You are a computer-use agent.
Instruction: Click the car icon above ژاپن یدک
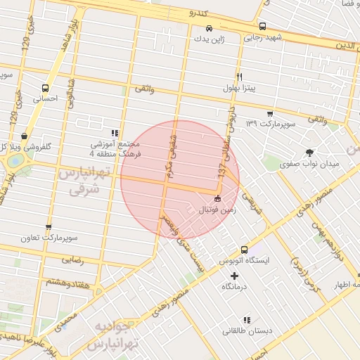point(209,28)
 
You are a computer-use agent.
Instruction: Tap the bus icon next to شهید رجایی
point(262,27)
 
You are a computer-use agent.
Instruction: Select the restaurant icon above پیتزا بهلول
point(239,77)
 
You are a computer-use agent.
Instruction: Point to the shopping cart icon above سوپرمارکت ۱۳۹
point(270,113)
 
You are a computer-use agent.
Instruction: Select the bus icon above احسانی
point(46,89)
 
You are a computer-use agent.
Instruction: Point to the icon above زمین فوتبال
point(217,199)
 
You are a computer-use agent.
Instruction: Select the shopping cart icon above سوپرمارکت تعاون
point(48,227)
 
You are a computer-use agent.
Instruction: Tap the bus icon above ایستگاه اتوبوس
point(244,249)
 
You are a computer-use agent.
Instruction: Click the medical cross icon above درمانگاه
point(234,275)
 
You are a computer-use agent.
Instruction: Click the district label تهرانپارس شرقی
point(83,181)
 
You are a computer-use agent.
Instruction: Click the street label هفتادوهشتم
point(68,282)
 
